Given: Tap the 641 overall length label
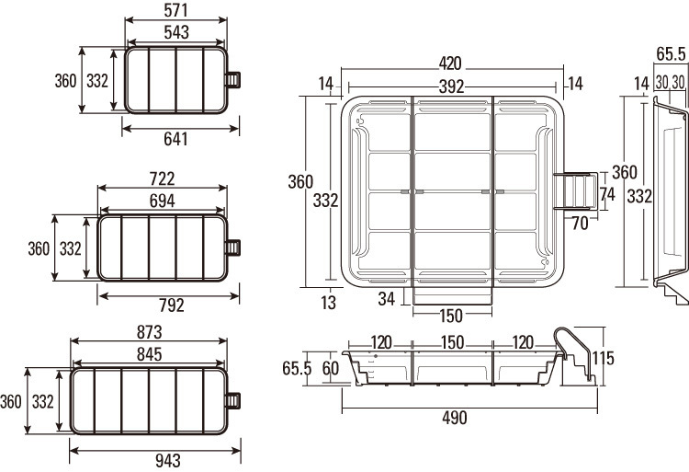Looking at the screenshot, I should [x=175, y=140].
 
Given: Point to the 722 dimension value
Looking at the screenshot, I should [x=163, y=178].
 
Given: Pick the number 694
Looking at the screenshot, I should [x=163, y=199].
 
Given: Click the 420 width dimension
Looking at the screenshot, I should [x=450, y=64].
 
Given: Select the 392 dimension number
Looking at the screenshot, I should [x=450, y=86].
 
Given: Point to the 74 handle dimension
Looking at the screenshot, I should [x=606, y=194].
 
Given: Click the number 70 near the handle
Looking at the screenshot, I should [x=579, y=222].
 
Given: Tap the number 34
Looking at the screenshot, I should [x=386, y=297].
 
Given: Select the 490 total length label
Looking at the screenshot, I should [x=454, y=418].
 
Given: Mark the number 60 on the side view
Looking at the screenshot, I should [x=331, y=369].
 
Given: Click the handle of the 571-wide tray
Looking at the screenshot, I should [x=234, y=80].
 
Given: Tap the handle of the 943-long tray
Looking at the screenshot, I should [x=234, y=401].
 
